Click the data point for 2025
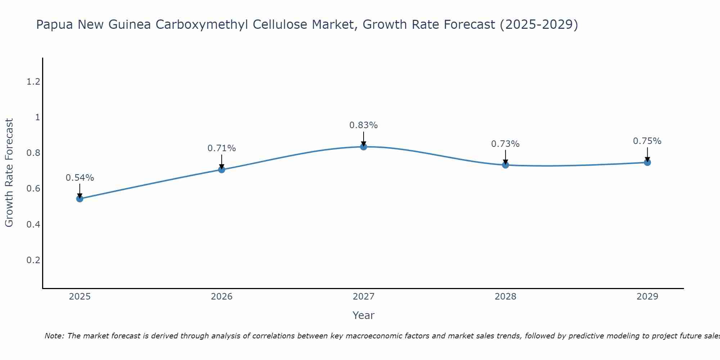tap(80, 199)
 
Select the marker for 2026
tap(222, 170)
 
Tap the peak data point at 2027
tap(364, 147)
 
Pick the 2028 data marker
tap(505, 165)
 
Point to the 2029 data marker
tap(647, 162)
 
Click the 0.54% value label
tap(80, 178)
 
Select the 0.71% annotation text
tap(222, 148)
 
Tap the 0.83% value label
tap(364, 125)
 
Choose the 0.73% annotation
tap(505, 144)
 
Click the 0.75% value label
tap(647, 141)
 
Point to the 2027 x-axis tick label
tap(364, 297)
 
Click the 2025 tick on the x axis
tap(80, 297)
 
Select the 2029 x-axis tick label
tap(647, 297)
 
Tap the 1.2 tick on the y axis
tap(33, 82)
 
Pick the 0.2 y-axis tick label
tap(33, 260)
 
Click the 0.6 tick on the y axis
tap(33, 189)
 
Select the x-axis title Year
tap(364, 315)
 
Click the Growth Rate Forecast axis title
tap(9, 173)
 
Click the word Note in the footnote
tap(54, 336)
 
